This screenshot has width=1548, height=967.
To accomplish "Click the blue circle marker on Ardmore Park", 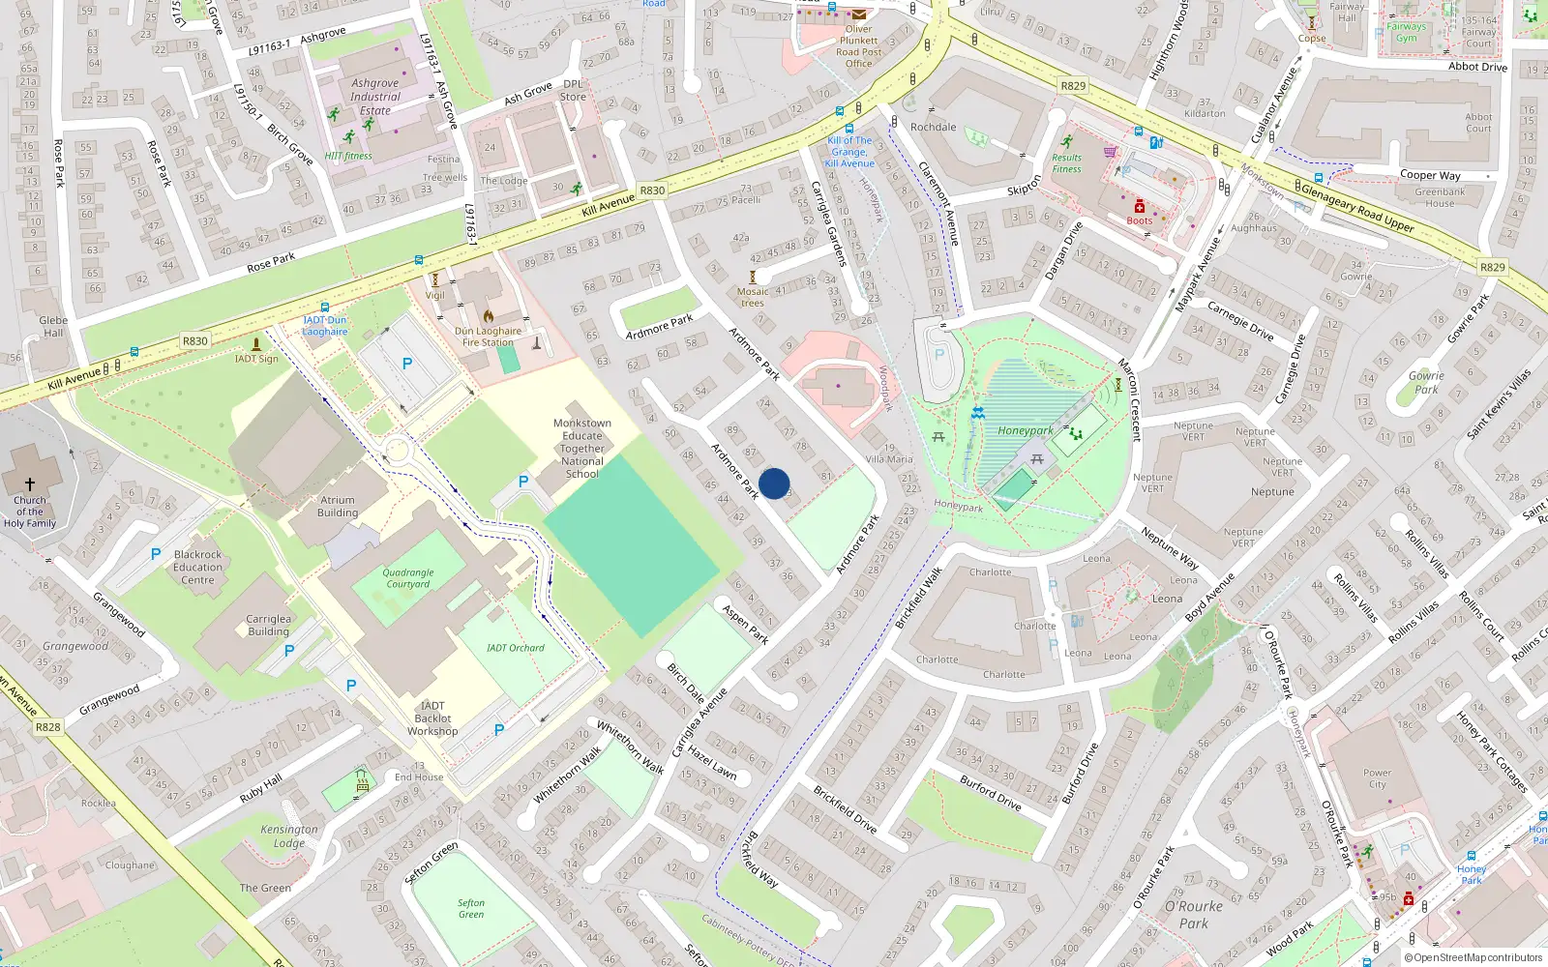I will point(774,483).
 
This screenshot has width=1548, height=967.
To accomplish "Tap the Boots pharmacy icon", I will point(1140,207).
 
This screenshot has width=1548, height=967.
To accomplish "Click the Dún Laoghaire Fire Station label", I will point(488,337).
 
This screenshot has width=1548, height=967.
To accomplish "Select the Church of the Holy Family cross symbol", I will point(30,484).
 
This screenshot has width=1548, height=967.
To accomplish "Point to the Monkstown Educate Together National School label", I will point(581,449).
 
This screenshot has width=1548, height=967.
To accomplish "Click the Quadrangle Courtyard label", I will point(408,578).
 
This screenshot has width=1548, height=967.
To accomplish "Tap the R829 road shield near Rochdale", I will point(1073,85).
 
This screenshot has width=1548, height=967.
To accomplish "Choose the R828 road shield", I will point(47,727).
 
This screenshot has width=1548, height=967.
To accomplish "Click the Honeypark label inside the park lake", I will point(1026,431).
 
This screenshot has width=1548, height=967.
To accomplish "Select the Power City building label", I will point(1377,778).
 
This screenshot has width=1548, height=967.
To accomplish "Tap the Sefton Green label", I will point(471,908).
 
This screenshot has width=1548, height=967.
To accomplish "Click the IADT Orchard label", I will point(515,648).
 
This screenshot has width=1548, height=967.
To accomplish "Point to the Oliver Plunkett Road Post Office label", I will point(858,46).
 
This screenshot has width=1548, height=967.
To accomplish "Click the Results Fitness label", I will point(1066,163).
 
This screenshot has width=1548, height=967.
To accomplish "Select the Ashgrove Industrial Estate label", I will point(375,97).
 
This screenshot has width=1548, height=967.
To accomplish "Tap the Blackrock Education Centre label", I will point(197,568).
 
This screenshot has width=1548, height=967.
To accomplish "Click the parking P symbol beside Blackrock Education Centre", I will point(156,554).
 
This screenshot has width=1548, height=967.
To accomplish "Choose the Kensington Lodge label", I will point(288,835).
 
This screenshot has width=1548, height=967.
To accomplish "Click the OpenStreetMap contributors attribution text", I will point(1477,957).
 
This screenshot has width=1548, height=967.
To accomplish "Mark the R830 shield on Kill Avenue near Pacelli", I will point(652,190).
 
